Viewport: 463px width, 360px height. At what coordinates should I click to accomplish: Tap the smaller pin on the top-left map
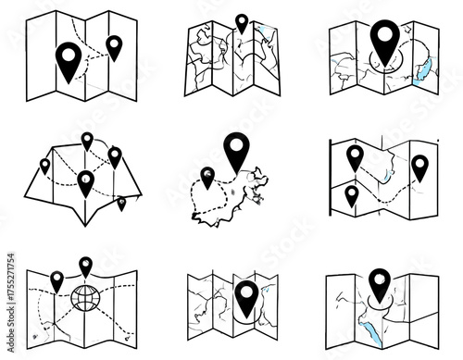[114, 45]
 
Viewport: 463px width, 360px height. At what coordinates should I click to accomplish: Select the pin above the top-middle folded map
[243, 22]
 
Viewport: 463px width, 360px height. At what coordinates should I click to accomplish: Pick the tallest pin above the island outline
[237, 149]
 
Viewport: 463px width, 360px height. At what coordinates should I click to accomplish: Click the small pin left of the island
[207, 174]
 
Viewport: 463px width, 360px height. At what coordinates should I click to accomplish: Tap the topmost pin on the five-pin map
[87, 140]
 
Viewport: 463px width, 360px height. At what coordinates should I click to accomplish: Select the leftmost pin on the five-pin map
[44, 166]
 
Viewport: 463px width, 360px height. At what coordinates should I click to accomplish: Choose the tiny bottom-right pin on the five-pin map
[121, 201]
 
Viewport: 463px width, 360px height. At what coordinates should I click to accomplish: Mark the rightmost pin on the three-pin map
[419, 166]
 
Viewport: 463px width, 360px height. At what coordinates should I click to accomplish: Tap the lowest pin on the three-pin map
[352, 194]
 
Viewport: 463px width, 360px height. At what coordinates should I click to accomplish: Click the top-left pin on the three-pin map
[355, 155]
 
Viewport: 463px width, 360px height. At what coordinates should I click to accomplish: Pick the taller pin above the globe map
[86, 266]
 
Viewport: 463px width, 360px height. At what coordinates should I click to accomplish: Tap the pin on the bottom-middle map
[245, 295]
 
